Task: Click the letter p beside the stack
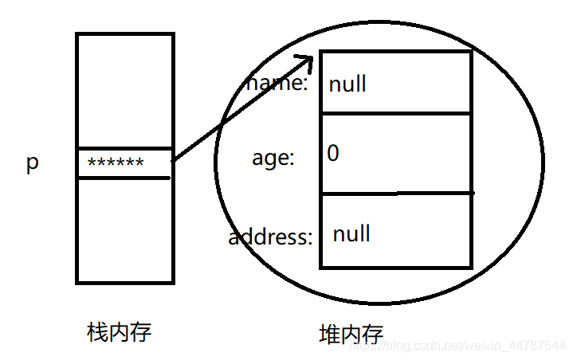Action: click(32, 164)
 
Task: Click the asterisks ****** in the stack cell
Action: click(116, 163)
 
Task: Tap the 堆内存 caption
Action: click(351, 334)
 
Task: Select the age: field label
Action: click(273, 158)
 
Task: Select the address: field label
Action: click(270, 237)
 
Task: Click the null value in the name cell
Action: click(347, 84)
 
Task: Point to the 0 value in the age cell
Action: click(333, 154)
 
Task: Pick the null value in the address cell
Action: click(351, 233)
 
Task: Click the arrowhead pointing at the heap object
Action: click(304, 61)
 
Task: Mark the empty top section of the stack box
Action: click(124, 90)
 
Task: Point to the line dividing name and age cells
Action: click(395, 114)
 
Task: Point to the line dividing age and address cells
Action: click(395, 194)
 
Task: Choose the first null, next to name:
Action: click(347, 84)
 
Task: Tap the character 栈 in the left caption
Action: click(96, 331)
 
